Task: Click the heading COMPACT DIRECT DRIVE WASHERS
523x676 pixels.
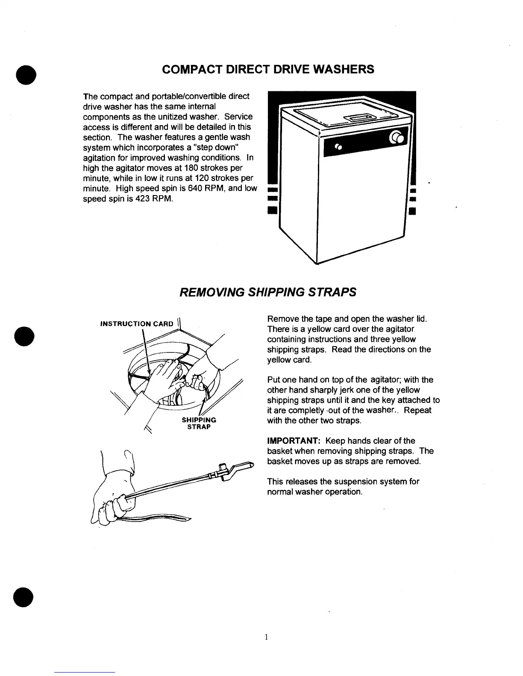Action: click(x=268, y=69)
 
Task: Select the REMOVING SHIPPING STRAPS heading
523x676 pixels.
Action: click(x=268, y=292)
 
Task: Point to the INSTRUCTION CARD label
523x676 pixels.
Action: click(x=136, y=323)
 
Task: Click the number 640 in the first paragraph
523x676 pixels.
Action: click(x=194, y=188)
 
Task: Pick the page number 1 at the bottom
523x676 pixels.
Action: click(x=266, y=637)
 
